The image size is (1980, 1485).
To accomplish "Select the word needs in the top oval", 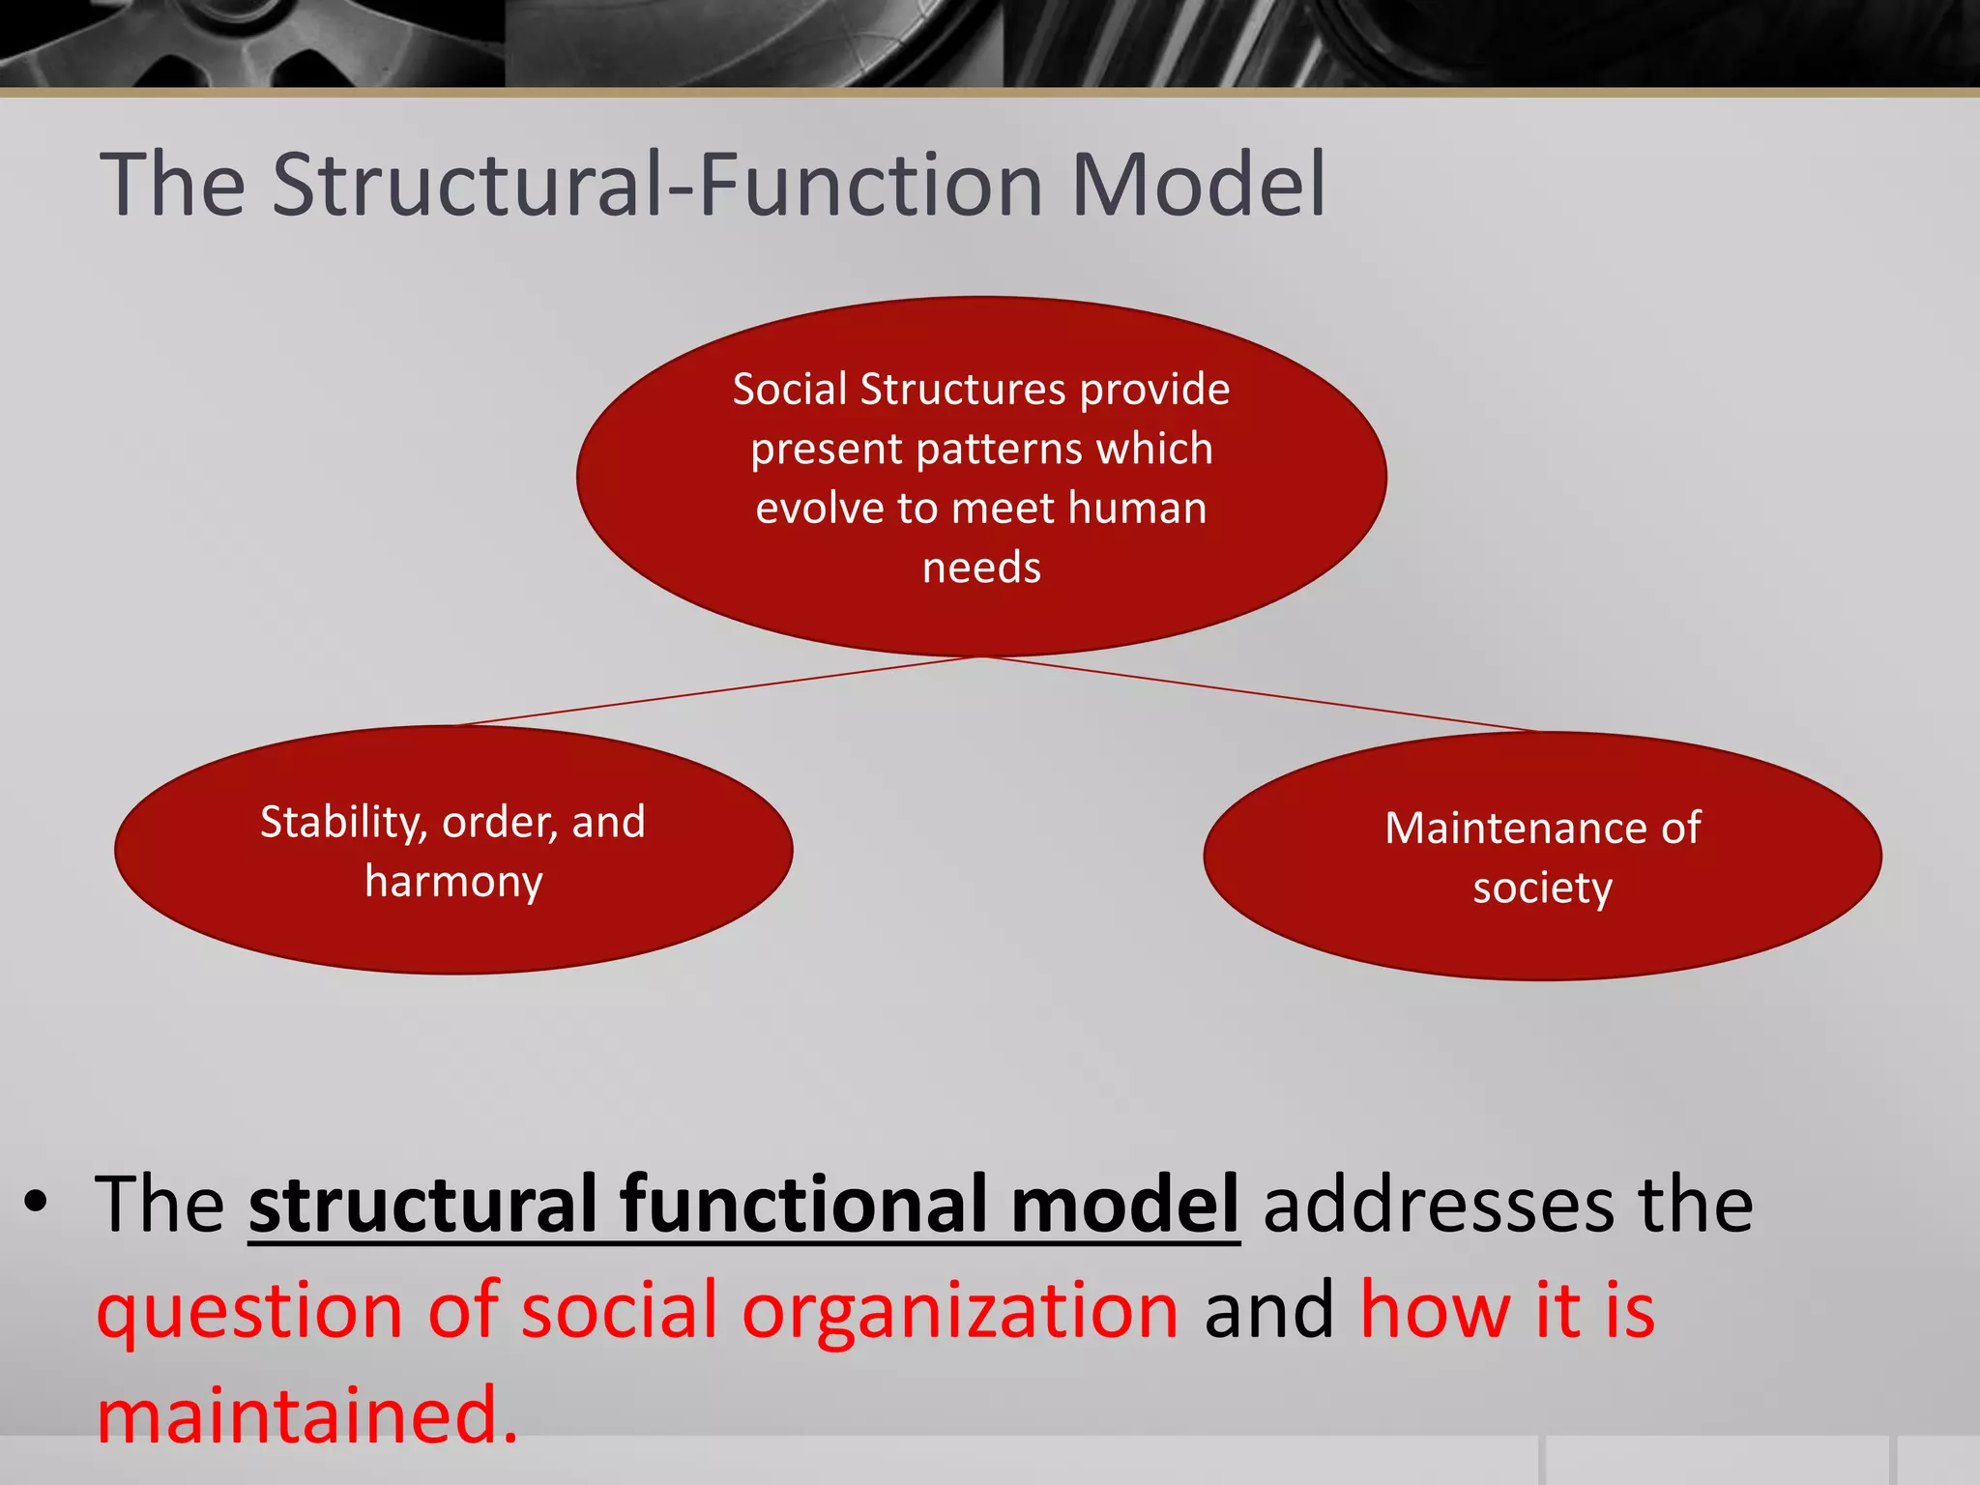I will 981,568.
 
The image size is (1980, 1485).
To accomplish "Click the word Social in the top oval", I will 789,389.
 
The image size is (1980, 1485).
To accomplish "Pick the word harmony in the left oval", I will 453,882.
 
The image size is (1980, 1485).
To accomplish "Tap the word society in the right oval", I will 1542,888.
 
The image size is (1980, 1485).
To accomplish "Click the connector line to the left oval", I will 715,691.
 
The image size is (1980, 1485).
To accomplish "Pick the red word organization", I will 960,1311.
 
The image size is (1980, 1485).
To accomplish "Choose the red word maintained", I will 307,1414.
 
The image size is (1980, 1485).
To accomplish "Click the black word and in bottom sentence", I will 1268,1311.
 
